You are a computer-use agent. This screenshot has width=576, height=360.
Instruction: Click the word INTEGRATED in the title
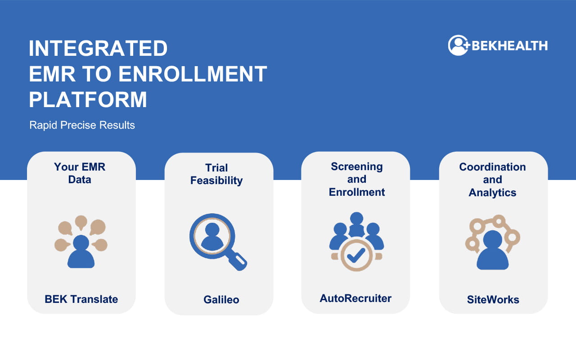98,48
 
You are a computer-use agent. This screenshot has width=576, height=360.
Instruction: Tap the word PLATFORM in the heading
88,99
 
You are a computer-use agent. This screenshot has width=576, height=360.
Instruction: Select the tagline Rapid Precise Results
82,125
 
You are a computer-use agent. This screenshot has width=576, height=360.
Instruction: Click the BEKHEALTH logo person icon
458,45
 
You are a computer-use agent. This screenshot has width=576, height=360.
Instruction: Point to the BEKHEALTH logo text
510,46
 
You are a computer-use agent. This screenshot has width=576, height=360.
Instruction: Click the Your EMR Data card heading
80,173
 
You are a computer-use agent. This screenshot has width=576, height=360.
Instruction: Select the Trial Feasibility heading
216,174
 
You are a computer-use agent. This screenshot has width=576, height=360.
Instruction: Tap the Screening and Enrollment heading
357,179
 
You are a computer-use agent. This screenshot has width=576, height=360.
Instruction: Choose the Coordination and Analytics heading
492,180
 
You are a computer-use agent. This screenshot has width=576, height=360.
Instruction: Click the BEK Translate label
81,299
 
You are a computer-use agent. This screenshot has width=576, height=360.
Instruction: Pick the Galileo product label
221,300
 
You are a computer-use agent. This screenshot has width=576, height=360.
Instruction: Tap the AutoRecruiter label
355,298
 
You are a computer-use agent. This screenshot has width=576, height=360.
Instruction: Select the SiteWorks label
493,300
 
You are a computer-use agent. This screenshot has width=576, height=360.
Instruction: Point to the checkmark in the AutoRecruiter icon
356,255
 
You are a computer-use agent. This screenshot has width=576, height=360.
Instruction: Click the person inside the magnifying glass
212,236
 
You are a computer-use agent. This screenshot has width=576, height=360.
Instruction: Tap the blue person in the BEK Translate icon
81,252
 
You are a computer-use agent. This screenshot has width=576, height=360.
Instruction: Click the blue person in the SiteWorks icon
493,250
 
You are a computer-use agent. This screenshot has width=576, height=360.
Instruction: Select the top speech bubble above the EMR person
81,222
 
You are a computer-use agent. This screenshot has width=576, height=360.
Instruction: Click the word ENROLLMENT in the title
193,74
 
